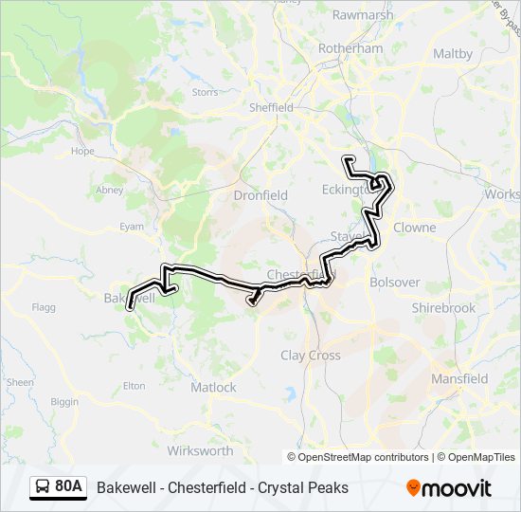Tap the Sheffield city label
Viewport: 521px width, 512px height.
coord(271,108)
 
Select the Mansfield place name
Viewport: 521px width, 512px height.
coord(459,379)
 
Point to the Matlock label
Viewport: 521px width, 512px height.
coord(214,388)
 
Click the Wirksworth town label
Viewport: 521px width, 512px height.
coord(200,451)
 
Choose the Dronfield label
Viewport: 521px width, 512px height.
coord(260,195)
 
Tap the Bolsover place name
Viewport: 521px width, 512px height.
coord(394,283)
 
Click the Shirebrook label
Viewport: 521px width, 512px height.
coord(443,308)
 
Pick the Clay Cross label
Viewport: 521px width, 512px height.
coord(311,356)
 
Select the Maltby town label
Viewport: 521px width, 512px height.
coord(453,54)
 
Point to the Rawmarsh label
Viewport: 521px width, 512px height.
coord(362,14)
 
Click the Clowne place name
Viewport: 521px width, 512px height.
coord(414,228)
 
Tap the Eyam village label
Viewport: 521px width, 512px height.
coord(132,228)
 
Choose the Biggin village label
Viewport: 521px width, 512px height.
coord(65,402)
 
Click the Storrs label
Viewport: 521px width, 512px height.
coord(205,93)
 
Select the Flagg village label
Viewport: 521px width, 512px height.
coord(44,307)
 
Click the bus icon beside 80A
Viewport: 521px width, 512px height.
coord(43,487)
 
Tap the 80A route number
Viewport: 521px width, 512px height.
coord(69,487)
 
